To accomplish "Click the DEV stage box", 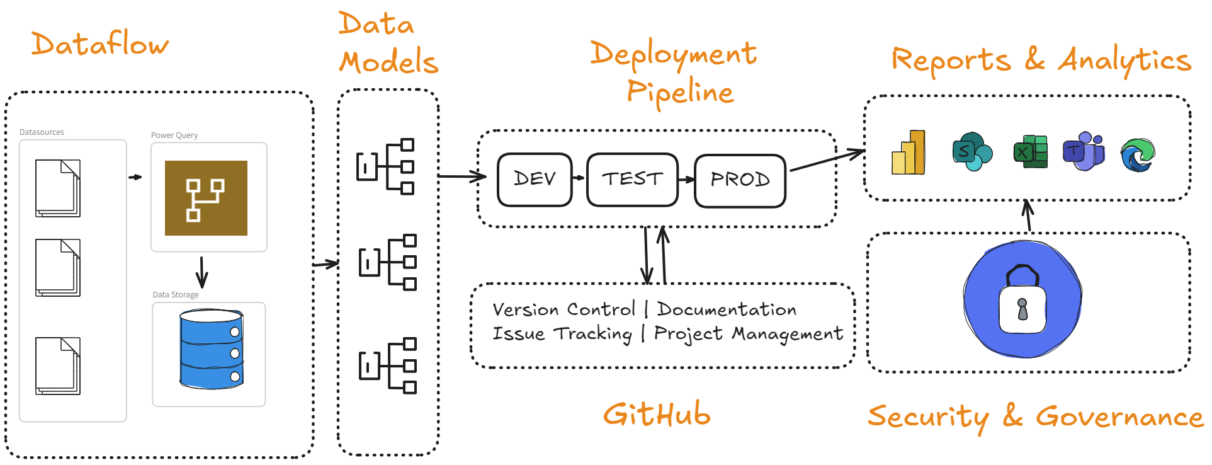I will (x=535, y=180).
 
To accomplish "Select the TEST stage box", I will (x=632, y=180).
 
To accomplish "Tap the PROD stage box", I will (x=740, y=180).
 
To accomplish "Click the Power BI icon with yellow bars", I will (x=909, y=153).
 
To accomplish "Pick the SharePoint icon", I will (x=971, y=152).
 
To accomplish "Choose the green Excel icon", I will (x=1030, y=152).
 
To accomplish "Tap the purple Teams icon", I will (x=1084, y=152).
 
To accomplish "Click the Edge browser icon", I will (x=1137, y=155).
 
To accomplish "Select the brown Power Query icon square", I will (x=206, y=198).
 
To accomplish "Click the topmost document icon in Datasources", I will (x=58, y=188).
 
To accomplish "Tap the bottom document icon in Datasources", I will (x=58, y=366).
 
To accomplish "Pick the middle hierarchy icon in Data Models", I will (x=388, y=262).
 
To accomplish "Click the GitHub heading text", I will (x=657, y=415).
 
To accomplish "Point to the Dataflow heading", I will (x=99, y=44).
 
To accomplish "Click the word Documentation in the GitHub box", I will (x=727, y=309).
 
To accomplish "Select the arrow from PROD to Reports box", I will (x=827, y=160).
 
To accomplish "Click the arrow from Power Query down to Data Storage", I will (x=201, y=272).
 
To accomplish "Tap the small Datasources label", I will (x=42, y=132).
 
